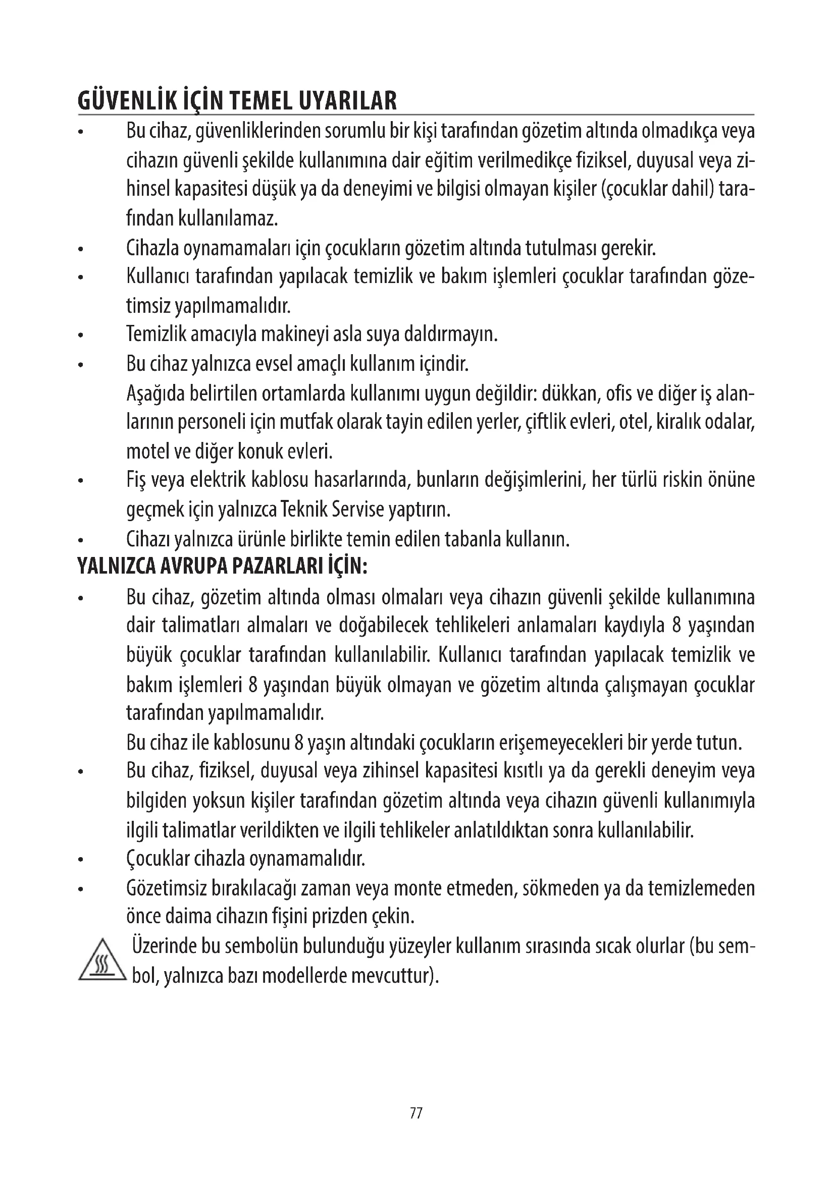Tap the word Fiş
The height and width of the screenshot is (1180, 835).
click(x=137, y=481)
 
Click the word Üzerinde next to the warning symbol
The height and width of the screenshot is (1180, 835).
click(x=164, y=945)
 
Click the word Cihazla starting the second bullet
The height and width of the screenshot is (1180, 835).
click(x=152, y=249)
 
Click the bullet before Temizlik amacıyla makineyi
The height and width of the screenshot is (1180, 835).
click(x=80, y=337)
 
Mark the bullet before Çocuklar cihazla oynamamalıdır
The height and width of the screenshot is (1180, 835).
click(x=80, y=860)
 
